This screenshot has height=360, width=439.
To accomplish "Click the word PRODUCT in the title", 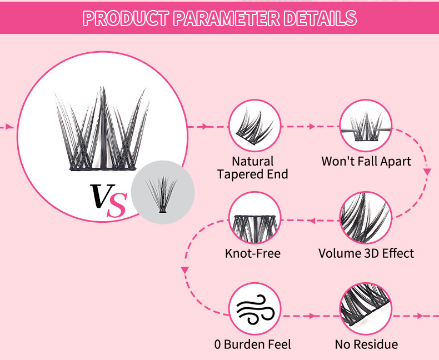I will [126, 18].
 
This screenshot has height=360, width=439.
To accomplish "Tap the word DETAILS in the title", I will [319, 18].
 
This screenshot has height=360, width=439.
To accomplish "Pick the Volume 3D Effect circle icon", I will [366, 219].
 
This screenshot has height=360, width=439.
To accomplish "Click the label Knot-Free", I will [253, 254].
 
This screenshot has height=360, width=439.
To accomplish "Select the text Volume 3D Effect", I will [366, 254].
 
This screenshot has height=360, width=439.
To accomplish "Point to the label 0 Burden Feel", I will [253, 344].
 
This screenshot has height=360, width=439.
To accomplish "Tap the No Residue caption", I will [366, 344].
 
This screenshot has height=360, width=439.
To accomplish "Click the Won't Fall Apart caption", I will [366, 162].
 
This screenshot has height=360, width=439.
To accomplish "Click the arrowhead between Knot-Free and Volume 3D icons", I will [312, 221].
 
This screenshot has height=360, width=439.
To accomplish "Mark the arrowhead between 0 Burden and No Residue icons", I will [312, 316].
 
